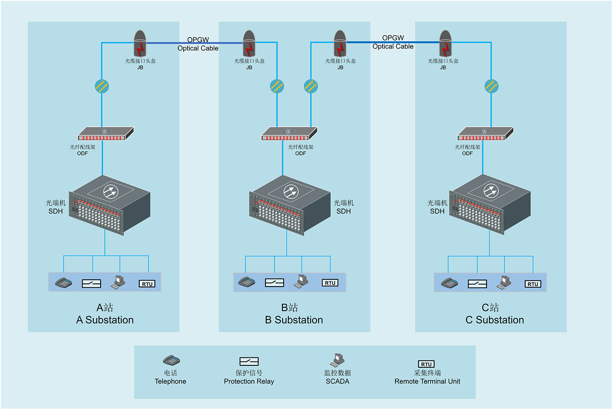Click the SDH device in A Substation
109,205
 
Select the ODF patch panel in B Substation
289,134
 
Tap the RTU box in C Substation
533,284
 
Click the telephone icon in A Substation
63,283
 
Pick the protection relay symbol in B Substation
274,283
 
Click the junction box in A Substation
140,44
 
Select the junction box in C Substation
445,44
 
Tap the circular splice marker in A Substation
102,86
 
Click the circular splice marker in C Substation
491,86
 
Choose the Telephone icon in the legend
171,360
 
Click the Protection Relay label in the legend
249,381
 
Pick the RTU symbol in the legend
426,364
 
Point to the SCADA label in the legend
337,381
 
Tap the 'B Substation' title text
294,320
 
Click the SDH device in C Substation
490,205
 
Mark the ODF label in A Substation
82,153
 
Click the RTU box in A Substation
147,284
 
